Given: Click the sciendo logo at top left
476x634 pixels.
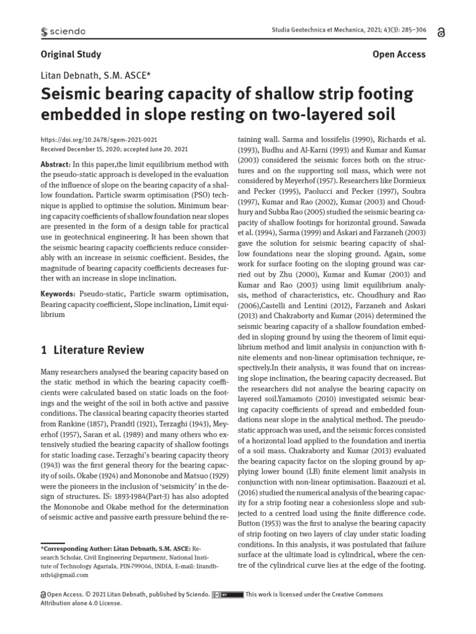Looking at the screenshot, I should [x=63, y=32].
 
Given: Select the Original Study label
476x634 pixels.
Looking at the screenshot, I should [x=71, y=54].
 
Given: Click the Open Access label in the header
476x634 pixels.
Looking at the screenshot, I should [x=399, y=54].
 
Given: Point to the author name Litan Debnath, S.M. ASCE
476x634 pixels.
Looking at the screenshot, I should [x=99, y=76].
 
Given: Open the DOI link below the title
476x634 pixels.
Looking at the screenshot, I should [x=99, y=141].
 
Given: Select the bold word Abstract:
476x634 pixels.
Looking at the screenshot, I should [x=55, y=164].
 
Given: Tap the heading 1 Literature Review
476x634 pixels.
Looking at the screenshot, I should [x=92, y=350].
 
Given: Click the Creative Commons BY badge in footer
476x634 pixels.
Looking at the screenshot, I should [x=226, y=595].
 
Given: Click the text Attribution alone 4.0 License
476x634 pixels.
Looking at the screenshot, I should [x=81, y=604].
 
